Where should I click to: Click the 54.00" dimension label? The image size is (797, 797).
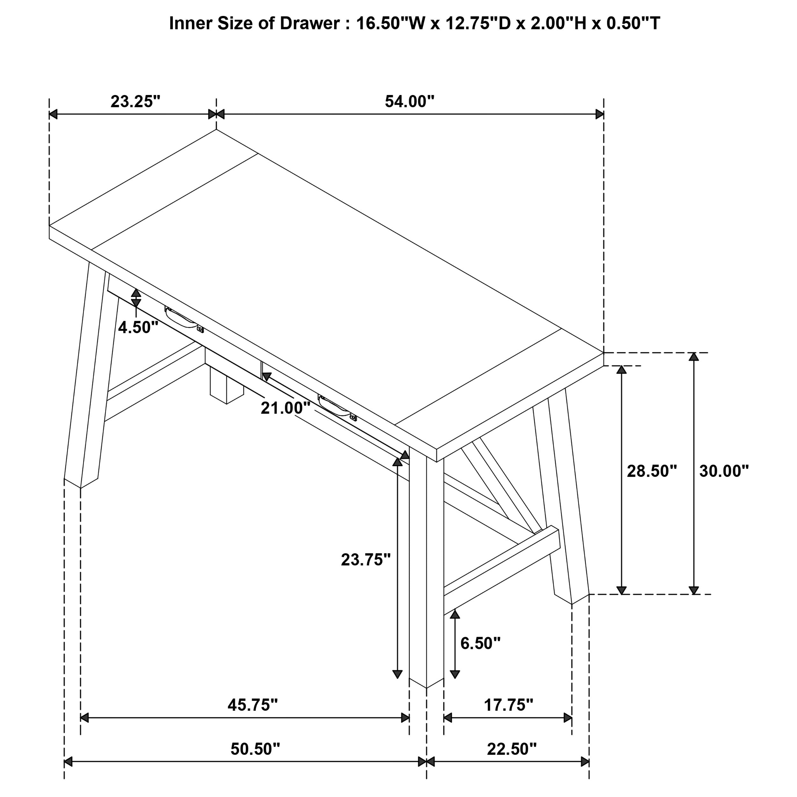click(x=409, y=101)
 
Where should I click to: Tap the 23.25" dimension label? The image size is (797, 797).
click(x=135, y=101)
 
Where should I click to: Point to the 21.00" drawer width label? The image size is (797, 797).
click(x=285, y=408)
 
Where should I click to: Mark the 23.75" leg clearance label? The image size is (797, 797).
click(x=365, y=560)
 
